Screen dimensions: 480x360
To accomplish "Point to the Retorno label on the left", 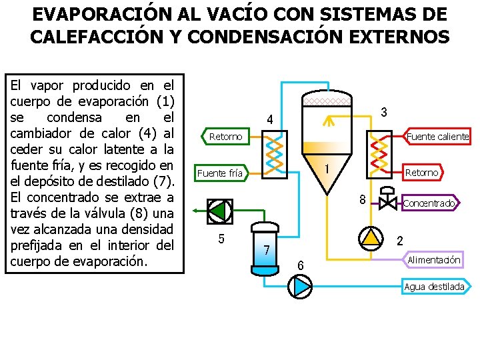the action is (225, 137).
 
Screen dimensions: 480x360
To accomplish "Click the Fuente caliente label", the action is (438, 137).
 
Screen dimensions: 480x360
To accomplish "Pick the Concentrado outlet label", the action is (429, 203).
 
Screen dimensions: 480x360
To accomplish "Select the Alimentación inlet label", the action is (434, 259).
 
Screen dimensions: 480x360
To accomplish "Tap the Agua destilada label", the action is (434, 287).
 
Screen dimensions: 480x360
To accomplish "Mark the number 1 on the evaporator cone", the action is (327, 170).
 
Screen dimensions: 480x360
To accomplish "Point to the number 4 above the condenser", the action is (269, 120).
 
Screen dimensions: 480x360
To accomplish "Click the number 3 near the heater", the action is (383, 113).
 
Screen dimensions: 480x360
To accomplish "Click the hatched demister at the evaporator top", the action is (326, 101).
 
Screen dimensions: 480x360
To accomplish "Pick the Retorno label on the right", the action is (422, 173).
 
